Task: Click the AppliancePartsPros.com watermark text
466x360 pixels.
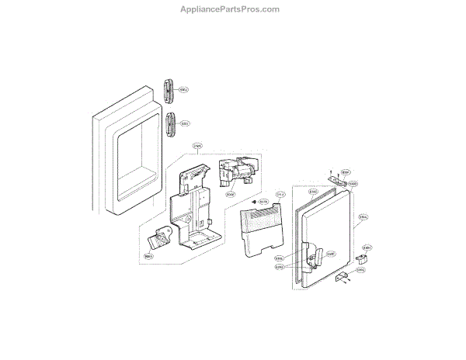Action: (x=233, y=9)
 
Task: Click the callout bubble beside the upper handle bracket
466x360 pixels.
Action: (x=185, y=90)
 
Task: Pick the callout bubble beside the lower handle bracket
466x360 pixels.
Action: (x=186, y=123)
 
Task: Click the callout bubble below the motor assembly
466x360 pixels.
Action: (x=231, y=195)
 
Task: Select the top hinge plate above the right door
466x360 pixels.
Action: (x=337, y=183)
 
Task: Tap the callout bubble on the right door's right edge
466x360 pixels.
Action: (x=363, y=220)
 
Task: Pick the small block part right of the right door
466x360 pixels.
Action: (x=361, y=258)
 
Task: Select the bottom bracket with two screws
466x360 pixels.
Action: (x=342, y=280)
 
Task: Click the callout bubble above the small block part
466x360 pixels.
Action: (x=368, y=247)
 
